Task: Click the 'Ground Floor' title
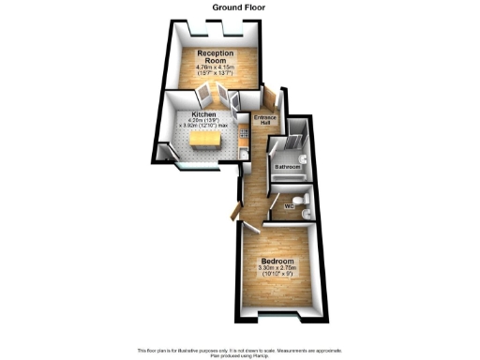point(239,7)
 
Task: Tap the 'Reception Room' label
point(214,57)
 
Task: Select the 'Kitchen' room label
point(203,113)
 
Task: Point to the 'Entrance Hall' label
point(265,121)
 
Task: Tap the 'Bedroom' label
point(278,261)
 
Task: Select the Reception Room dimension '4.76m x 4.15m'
point(214,67)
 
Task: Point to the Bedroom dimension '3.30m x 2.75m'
point(278,269)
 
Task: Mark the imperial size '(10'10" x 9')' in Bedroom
point(278,277)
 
